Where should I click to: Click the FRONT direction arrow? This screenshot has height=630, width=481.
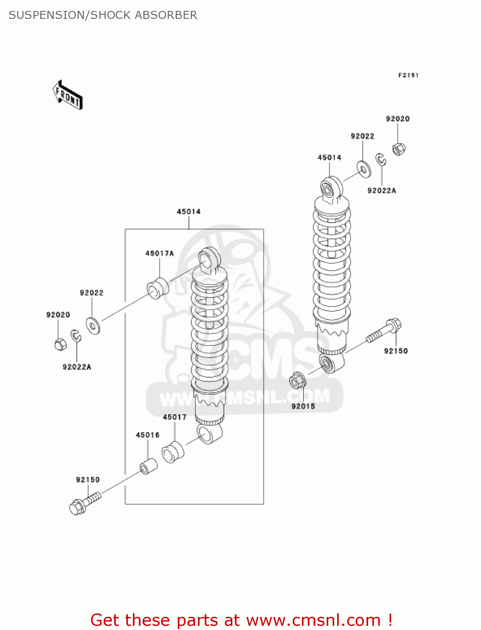67,95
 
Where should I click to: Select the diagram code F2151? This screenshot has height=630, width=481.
408,75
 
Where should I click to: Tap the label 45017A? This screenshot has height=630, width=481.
159,253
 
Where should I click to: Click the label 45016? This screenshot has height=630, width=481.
148,435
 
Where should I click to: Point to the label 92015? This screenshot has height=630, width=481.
303,406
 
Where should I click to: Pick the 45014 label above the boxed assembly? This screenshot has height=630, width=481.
189,212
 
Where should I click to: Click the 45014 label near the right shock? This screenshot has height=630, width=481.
329,157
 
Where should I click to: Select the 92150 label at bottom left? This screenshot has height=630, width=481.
88,480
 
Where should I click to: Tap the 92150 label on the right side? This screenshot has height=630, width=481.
396,351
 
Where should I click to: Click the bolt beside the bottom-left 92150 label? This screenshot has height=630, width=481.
84,503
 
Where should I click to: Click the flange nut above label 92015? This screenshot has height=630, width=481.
298,381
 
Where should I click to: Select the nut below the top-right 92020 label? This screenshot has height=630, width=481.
398,149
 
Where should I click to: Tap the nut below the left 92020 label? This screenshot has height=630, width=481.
60,344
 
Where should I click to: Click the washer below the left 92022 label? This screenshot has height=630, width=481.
93,326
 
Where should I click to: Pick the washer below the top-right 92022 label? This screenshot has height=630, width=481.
364,168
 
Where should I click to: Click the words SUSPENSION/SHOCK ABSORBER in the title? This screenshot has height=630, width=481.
103,15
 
